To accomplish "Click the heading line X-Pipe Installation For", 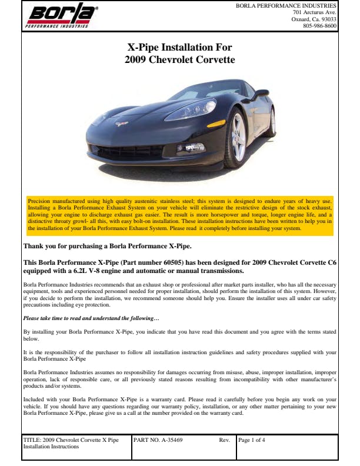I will pyautogui.click(x=180, y=47).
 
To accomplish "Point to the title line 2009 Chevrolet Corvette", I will pyautogui.click(x=180, y=59).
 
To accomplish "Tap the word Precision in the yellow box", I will pyautogui.click(x=39, y=202).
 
